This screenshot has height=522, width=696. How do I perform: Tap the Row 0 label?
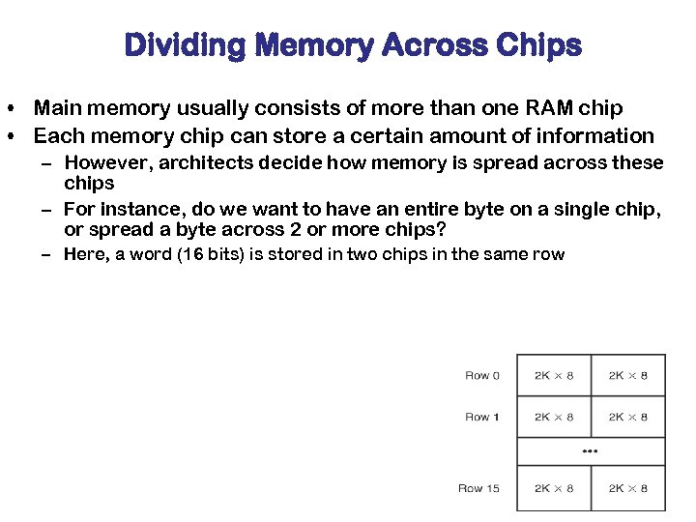point(482,375)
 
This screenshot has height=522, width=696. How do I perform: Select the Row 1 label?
point(482,417)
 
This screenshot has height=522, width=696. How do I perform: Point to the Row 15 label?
point(478,488)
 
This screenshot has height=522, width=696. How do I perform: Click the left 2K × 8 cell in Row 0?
point(554,375)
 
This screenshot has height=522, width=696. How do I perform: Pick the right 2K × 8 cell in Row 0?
point(628,375)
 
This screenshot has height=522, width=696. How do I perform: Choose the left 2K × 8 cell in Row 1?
point(554,417)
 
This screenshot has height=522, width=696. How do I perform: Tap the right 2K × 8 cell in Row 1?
point(628,417)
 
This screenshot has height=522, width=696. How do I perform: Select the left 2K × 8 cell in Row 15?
point(554,488)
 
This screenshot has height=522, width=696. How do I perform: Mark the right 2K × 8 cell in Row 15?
point(628,488)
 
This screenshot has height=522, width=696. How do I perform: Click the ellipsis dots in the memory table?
point(591,451)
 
